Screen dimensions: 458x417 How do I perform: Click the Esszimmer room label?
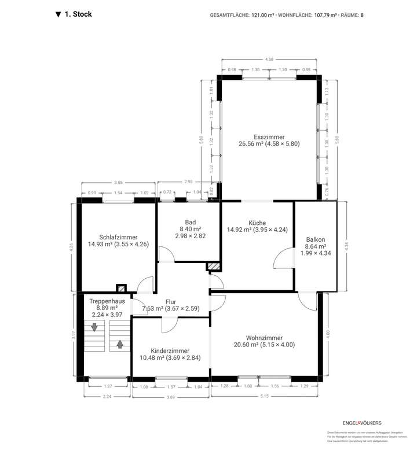point(269,136)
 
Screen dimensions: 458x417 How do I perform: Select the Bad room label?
point(191,222)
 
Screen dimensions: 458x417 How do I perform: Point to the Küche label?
point(257,223)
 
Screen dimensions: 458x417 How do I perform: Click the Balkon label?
point(316,239)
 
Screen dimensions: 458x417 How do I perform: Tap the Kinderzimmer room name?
point(170,350)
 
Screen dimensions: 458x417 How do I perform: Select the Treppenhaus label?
point(107,301)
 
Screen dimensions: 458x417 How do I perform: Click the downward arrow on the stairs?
point(94,328)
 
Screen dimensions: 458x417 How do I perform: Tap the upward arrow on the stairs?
point(120,344)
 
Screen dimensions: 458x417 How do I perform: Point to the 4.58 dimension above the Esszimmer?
point(269,59)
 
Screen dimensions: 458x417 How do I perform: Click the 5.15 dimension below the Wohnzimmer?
point(265,396)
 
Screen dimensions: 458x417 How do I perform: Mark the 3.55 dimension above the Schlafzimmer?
point(118,182)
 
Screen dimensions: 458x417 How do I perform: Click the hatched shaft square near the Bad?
point(214,267)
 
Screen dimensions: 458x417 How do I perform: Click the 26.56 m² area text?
point(251,144)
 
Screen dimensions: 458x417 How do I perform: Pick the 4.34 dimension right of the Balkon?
point(346,245)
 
